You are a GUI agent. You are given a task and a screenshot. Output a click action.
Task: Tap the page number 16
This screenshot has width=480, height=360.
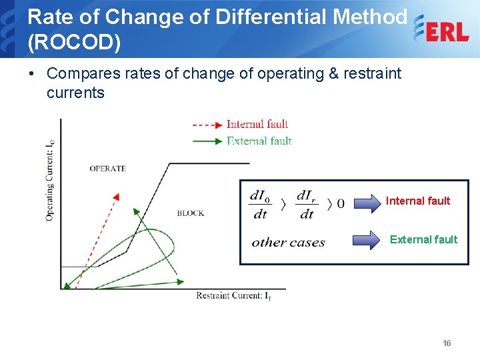447,343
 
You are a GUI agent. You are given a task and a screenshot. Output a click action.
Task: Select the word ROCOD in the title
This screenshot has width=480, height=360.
74,43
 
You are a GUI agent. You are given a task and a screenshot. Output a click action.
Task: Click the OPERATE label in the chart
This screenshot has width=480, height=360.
107,169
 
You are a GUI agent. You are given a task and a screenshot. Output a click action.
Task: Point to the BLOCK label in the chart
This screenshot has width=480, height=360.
190,213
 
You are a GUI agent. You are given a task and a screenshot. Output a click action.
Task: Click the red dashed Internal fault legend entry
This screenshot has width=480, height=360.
240,124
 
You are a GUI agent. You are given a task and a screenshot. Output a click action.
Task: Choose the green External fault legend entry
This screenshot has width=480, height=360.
241,141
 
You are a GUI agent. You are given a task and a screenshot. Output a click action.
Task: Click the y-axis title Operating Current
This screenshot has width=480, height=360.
50,180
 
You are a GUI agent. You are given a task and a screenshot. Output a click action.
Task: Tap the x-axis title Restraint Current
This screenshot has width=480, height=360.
233,295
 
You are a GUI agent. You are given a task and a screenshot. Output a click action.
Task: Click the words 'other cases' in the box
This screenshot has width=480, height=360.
288,243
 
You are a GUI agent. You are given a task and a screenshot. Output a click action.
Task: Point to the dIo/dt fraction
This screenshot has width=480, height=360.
260,204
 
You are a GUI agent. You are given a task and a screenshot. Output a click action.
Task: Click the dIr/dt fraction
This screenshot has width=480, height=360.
307,204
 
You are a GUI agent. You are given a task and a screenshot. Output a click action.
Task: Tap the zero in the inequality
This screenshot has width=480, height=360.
341,203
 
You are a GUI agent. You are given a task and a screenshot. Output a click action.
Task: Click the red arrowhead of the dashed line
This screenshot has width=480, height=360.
116,197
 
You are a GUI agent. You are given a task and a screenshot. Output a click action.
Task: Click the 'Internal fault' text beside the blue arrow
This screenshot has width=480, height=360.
418,201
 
